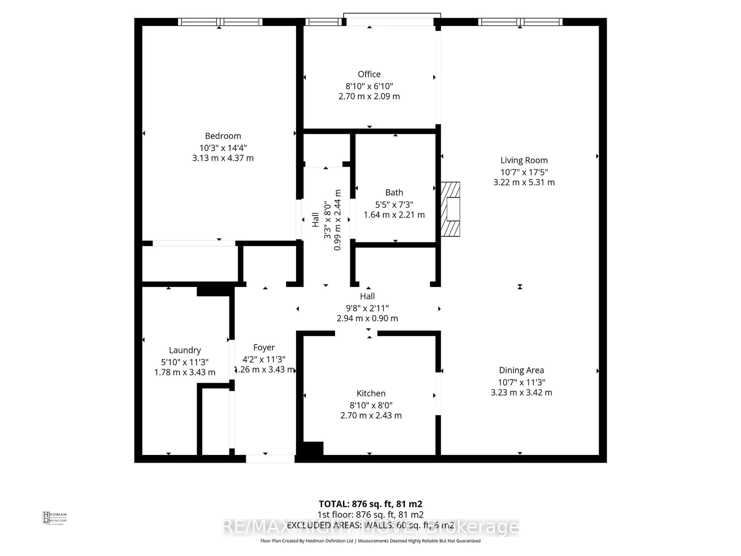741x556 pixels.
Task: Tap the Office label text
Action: (369, 74)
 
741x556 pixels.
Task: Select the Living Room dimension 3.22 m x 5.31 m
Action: (524, 182)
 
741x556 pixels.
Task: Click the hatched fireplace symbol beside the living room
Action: (450, 209)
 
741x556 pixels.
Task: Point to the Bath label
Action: (394, 192)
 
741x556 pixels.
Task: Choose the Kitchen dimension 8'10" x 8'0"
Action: (371, 405)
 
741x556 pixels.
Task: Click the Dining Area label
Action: (521, 370)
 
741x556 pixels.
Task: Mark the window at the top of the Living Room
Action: (520, 22)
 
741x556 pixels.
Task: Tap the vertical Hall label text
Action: (315, 220)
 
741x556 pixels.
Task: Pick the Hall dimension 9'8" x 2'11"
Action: (367, 308)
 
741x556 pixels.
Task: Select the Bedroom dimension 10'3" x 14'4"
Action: (223, 148)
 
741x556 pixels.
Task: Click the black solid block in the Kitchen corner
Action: (313, 448)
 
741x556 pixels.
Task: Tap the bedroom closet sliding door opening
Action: (194, 243)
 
